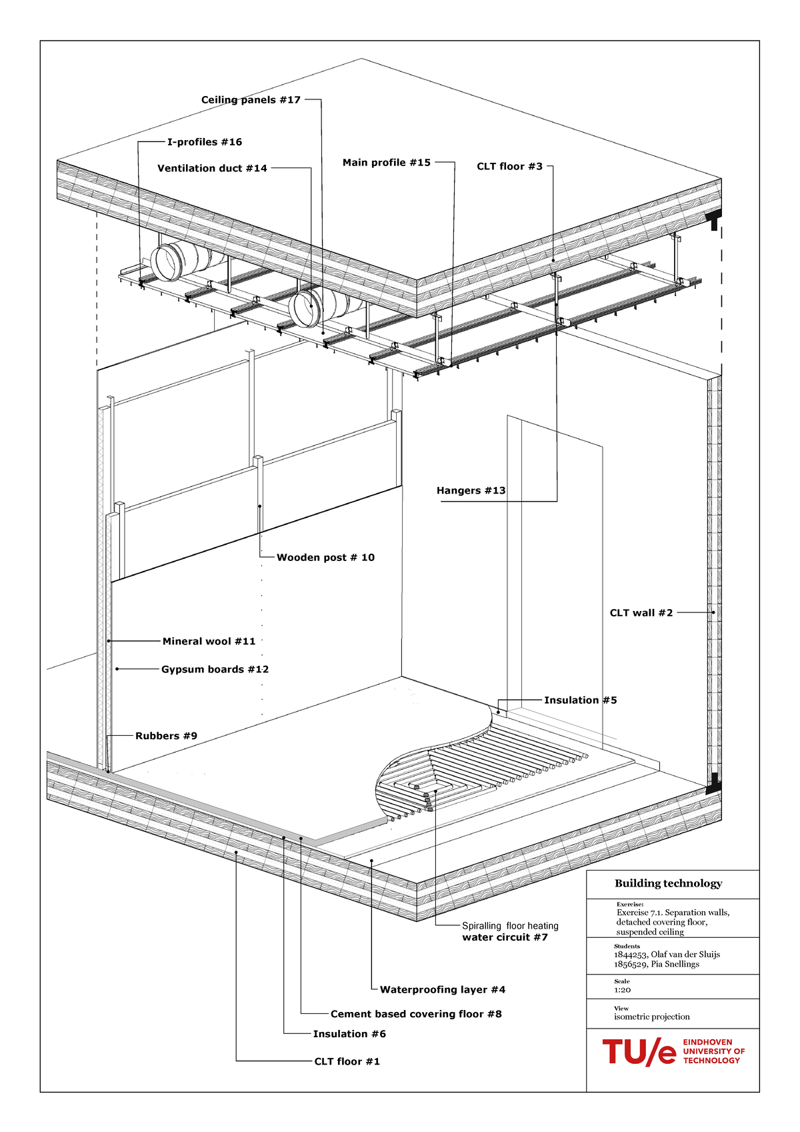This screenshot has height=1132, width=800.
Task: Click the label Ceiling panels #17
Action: [x=251, y=100]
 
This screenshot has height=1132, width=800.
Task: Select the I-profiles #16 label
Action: [x=204, y=142]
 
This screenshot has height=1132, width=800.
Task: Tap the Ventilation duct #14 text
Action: [x=212, y=169]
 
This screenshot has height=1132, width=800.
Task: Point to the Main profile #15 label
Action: [x=387, y=163]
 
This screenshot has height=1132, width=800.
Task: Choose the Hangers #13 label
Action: [x=471, y=491]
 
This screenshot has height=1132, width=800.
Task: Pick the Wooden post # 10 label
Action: [x=325, y=558]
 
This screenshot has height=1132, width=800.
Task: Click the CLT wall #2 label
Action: [x=641, y=613]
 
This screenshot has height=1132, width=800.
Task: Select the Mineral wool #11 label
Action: [x=209, y=642]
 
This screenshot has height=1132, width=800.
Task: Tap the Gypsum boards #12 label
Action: [x=215, y=670]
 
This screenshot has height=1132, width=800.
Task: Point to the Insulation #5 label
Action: [x=580, y=700]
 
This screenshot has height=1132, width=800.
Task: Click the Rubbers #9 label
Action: [x=166, y=736]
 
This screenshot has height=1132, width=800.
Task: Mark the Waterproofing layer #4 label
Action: [x=442, y=990]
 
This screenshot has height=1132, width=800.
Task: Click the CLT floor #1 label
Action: [x=347, y=1062]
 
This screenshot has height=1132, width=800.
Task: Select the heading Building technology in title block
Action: [x=668, y=884]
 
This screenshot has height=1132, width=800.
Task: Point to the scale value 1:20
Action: [x=622, y=990]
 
